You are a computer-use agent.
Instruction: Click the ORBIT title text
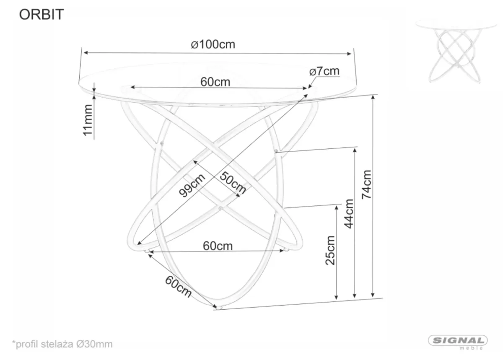[41, 15]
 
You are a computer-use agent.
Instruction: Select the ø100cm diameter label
[213, 44]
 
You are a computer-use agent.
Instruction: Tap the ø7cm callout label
[324, 71]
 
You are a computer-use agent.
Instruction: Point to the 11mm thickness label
[88, 120]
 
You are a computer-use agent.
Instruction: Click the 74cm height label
[366, 184]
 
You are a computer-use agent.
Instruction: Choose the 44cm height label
[349, 214]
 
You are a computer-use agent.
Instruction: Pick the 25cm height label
[330, 250]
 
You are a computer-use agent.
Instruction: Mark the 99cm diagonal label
[192, 185]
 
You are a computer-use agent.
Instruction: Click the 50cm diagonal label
[233, 183]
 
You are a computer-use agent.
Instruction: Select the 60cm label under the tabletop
[215, 82]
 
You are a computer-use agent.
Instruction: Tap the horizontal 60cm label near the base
[218, 246]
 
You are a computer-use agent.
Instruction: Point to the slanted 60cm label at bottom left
[178, 287]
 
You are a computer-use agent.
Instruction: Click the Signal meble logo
[458, 342]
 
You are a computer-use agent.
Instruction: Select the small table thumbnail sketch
[456, 51]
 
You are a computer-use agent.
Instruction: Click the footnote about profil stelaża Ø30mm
[62, 344]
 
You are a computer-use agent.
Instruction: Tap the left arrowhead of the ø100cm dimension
[86, 53]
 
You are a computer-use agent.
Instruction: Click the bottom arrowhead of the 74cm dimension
[373, 295]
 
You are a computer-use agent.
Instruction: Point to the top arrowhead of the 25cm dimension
[336, 207]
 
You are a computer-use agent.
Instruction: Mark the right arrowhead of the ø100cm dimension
[349, 54]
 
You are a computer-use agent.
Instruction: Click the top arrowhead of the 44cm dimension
[355, 150]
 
